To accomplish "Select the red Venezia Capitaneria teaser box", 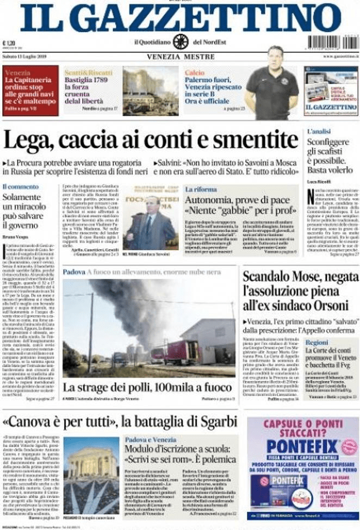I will (30, 90).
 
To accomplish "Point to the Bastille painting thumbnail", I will (150, 90).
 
